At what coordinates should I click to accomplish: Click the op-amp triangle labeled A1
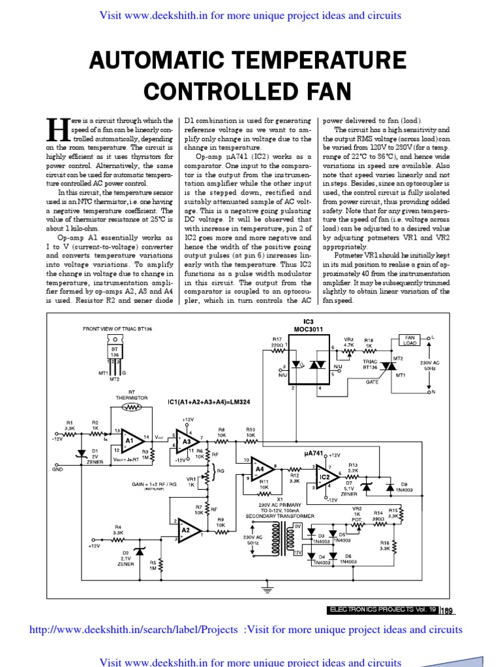130,441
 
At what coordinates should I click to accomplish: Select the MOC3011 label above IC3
309,329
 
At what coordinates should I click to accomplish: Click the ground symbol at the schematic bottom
266,590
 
